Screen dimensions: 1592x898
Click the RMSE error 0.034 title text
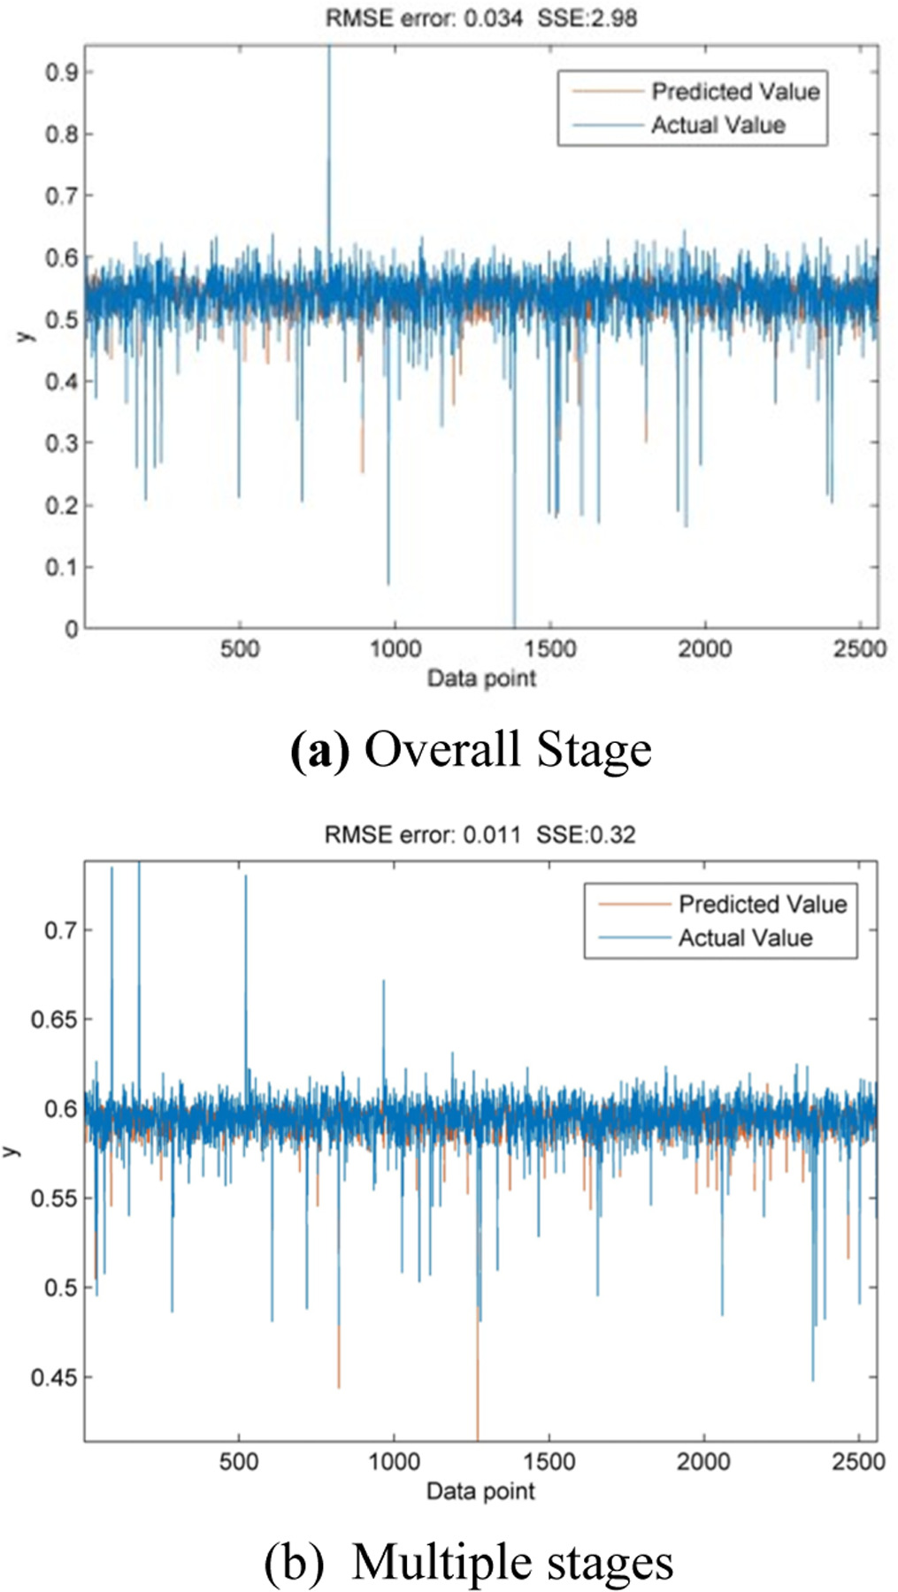480,18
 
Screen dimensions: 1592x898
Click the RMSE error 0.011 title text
480,834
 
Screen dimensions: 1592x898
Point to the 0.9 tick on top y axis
62,72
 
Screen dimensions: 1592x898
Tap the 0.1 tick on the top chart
62,567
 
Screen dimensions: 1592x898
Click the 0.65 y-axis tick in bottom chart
55,1019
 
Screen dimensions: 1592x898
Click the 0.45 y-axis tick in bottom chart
55,1377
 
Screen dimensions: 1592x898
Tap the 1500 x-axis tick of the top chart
550,649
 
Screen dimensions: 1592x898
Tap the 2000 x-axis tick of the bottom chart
704,1461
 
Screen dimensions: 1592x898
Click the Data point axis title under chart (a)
481,678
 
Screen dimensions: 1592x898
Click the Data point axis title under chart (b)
480,1491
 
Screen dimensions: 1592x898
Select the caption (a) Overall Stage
471,749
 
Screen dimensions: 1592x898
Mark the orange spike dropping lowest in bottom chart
478,1415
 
